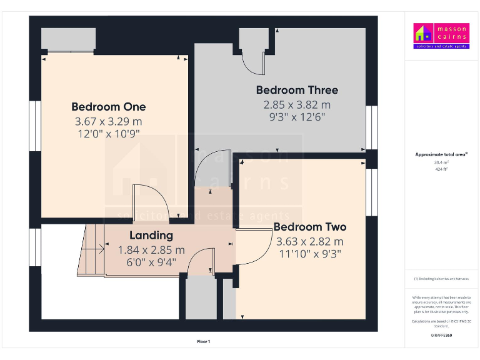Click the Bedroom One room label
pos(108,106)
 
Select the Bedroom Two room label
pos(309,226)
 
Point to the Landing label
pos(151,236)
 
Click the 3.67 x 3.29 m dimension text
pos(108,121)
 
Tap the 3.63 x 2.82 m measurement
pos(309,241)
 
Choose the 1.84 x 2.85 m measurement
pos(151,250)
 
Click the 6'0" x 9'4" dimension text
pos(151,263)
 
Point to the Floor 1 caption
pos(204,342)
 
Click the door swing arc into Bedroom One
pos(149,201)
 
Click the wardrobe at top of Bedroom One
pos(68,40)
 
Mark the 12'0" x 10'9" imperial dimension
pos(108,133)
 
